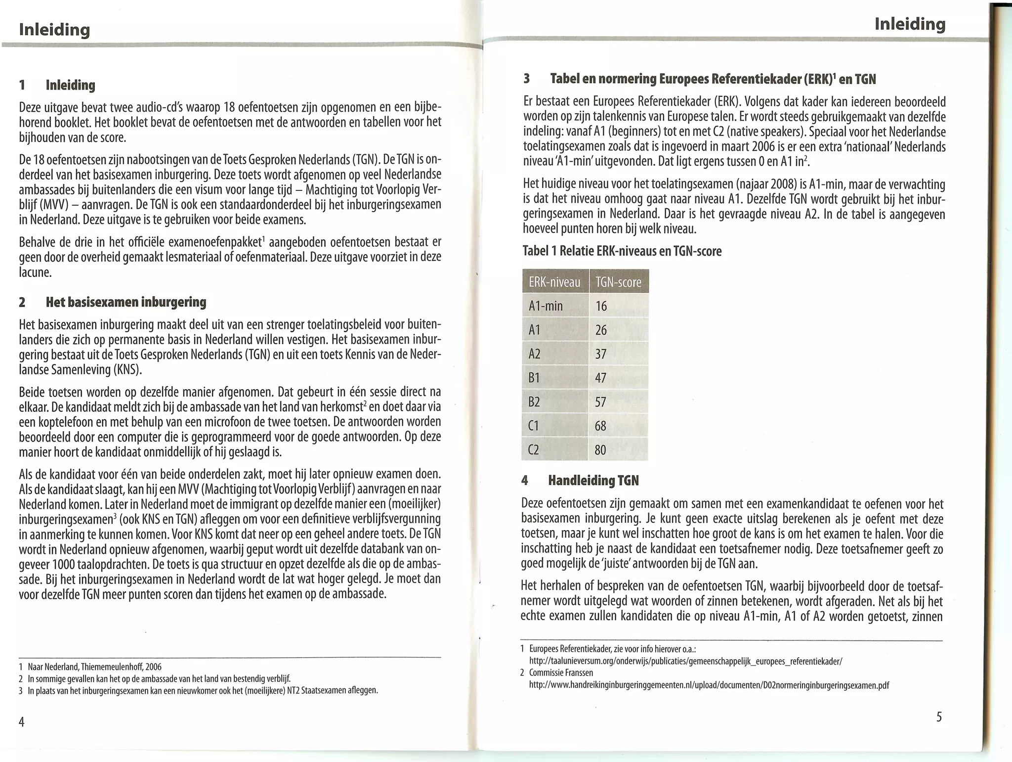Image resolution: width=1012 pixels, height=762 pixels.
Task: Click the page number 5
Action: tap(939, 717)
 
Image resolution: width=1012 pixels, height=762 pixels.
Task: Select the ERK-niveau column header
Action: tap(554, 282)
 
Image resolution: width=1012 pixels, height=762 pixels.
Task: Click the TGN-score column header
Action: tap(618, 282)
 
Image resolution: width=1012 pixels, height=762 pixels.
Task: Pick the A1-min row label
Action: tap(546, 306)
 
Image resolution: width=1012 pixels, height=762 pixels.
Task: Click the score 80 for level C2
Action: tap(600, 450)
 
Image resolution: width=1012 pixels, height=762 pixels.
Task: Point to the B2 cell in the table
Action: tap(534, 402)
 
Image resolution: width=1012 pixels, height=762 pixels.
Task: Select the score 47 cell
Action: tap(601, 378)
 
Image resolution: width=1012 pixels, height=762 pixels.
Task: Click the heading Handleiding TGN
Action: tap(593, 480)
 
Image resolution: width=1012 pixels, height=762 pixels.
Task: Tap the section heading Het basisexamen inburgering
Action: tap(126, 302)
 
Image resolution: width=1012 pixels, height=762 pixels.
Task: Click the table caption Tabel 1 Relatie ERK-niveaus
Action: tap(622, 251)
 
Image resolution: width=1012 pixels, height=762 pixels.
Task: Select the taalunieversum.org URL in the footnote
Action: tap(685, 661)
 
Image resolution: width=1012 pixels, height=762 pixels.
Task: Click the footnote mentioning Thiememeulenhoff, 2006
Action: tap(94, 667)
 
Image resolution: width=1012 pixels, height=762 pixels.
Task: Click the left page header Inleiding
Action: tap(54, 30)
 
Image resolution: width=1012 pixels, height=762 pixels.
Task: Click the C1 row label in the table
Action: tap(534, 426)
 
